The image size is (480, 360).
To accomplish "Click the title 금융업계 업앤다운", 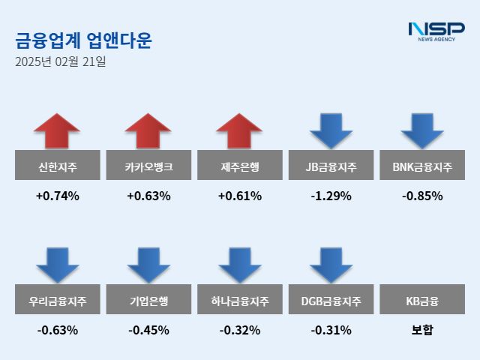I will pyautogui.click(x=82, y=40).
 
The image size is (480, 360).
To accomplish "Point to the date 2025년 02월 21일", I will pyautogui.click(x=60, y=61).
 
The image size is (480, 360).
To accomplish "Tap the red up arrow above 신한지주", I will pyautogui.click(x=57, y=131).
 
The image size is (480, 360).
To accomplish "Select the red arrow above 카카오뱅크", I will pyautogui.click(x=148, y=131).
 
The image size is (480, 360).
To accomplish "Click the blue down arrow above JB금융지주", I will pyautogui.click(x=331, y=131).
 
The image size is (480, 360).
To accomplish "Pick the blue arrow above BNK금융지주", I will pyautogui.click(x=422, y=131).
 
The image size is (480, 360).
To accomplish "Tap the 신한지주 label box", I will pyautogui.click(x=57, y=166).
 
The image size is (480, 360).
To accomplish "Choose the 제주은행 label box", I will pyautogui.click(x=240, y=166).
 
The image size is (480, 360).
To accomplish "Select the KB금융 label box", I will pyautogui.click(x=422, y=302).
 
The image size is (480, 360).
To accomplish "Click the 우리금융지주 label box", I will pyautogui.click(x=57, y=302).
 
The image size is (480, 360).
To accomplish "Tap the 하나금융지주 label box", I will pyautogui.click(x=240, y=302).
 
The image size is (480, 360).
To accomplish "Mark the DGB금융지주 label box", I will pyautogui.click(x=331, y=302).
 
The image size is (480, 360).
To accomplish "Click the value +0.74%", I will pyautogui.click(x=57, y=196).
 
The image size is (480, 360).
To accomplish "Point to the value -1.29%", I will pyautogui.click(x=331, y=196).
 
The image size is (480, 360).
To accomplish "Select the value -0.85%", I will pyautogui.click(x=422, y=196).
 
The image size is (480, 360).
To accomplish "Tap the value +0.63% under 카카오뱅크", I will pyautogui.click(x=148, y=196).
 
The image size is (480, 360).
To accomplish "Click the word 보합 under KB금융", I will pyautogui.click(x=422, y=330).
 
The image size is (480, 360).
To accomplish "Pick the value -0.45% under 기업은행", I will pyautogui.click(x=148, y=330).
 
